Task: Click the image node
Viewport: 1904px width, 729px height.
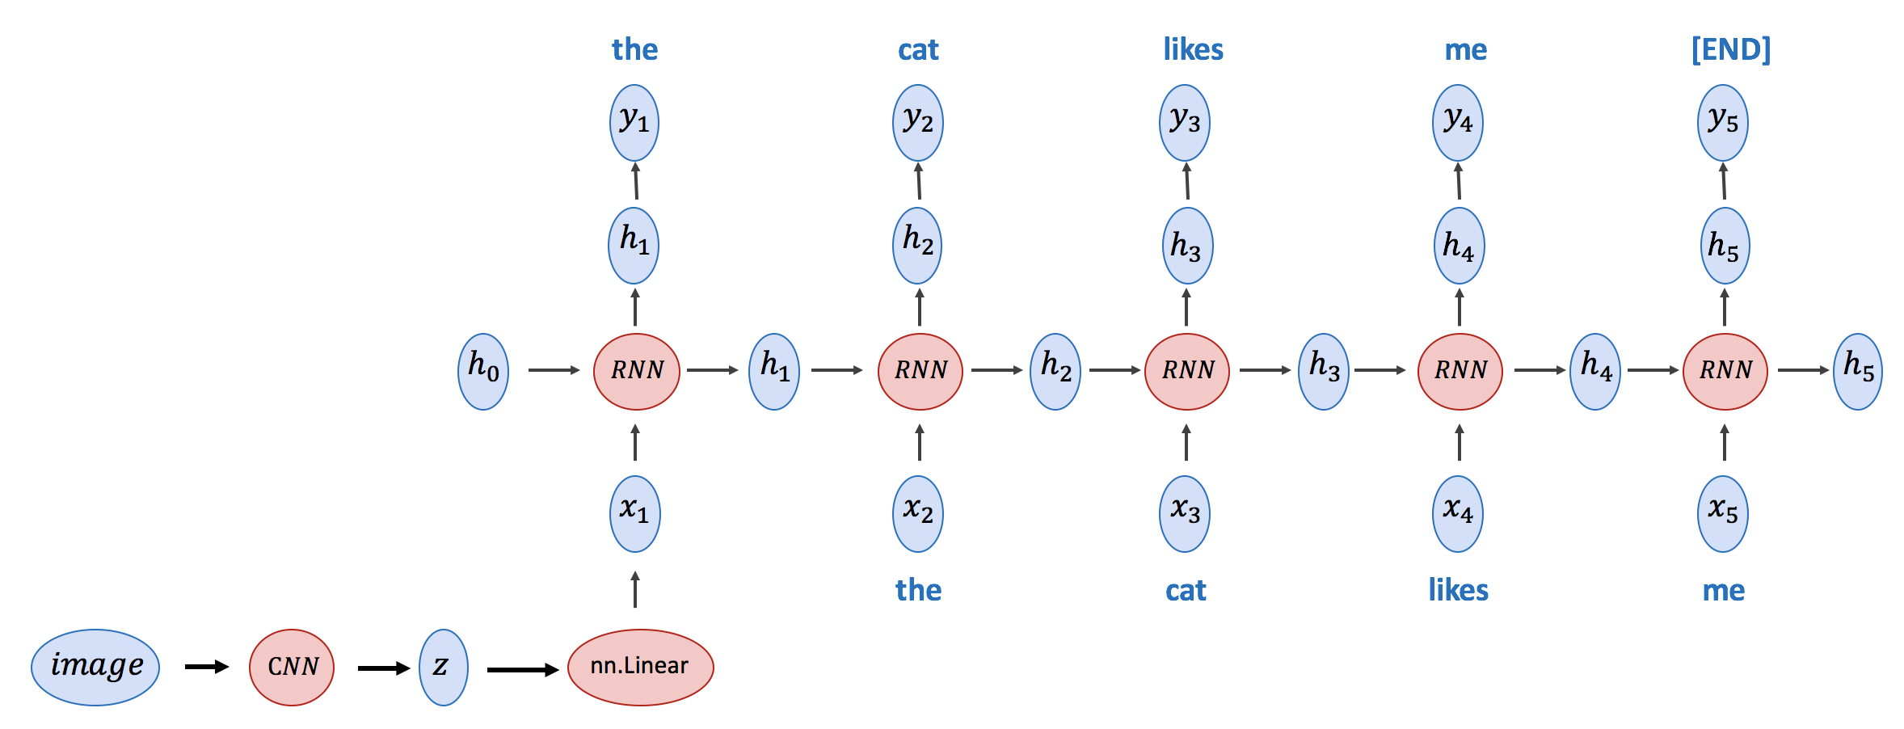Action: (95, 667)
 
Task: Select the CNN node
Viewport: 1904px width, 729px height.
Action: (292, 667)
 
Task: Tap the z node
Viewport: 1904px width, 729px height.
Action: (443, 667)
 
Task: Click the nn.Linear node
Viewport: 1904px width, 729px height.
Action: (640, 667)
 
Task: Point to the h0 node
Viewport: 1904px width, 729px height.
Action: (483, 371)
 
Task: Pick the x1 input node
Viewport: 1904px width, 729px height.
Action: (635, 513)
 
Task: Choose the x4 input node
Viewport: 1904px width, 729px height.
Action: (1458, 513)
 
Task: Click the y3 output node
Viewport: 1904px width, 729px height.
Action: (1185, 123)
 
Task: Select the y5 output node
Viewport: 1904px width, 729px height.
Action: (1723, 123)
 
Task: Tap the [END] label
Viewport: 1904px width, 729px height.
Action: (1731, 50)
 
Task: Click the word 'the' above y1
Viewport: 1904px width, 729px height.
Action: (634, 50)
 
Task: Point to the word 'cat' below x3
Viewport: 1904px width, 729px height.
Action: (1186, 591)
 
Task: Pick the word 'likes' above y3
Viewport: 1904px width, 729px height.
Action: (1193, 50)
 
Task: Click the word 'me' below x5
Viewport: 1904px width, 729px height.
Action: (1724, 591)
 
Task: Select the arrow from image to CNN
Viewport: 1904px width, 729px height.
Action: (207, 667)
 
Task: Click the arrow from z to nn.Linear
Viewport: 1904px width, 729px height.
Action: (523, 669)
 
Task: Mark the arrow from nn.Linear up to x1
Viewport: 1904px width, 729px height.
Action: (635, 589)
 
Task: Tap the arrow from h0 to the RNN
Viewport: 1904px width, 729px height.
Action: (554, 370)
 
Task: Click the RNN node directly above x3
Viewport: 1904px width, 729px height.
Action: (1187, 371)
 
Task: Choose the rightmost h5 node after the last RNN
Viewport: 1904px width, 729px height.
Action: (1858, 371)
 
